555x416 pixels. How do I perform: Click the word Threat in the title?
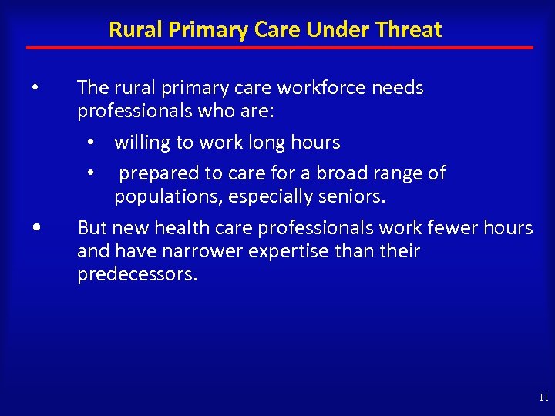click(x=411, y=30)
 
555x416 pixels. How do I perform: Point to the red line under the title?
click(x=279, y=48)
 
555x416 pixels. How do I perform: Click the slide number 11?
click(x=544, y=398)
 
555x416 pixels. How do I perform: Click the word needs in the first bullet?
click(x=398, y=89)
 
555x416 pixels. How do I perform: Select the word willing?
click(x=143, y=143)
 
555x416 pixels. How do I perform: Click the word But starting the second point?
click(x=92, y=228)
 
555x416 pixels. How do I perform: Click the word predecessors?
click(x=137, y=275)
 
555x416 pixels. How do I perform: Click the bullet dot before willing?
click(x=91, y=143)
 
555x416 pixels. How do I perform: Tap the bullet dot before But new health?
click(x=38, y=228)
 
